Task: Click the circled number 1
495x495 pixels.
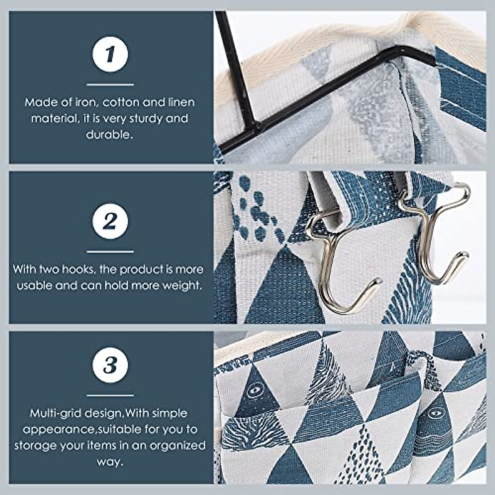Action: coord(110,54)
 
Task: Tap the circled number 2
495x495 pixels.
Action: coord(110,222)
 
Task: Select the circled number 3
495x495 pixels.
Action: coord(110,365)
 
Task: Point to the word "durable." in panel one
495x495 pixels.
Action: coord(109,134)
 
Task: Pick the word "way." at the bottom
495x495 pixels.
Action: coord(110,462)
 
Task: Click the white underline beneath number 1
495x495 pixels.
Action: coord(110,85)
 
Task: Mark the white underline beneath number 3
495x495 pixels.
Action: coord(110,395)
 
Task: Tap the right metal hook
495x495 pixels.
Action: coord(437,243)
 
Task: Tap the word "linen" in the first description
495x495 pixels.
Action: coord(181,102)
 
